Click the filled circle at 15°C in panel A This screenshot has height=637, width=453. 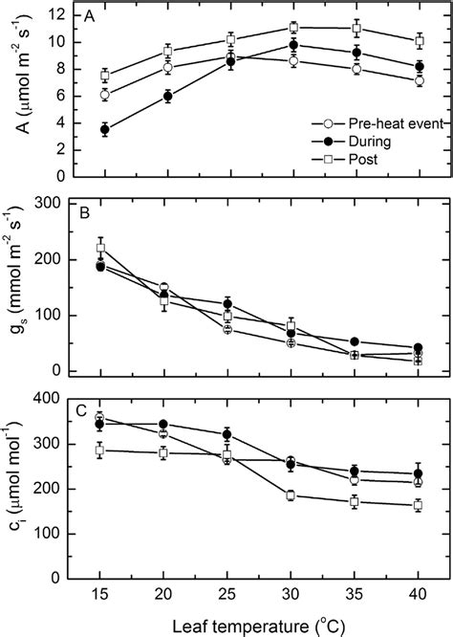(104, 129)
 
